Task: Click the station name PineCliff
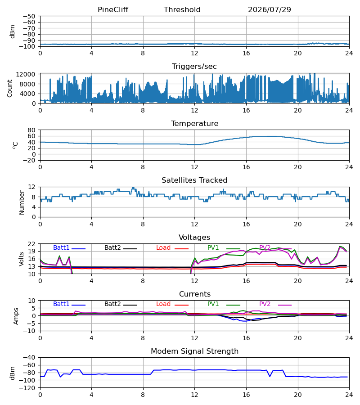[113, 9]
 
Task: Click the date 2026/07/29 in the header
[270, 9]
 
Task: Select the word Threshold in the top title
[182, 9]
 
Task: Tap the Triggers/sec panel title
[194, 67]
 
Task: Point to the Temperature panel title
[194, 123]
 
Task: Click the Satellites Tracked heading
[194, 180]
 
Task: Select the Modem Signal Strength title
[194, 351]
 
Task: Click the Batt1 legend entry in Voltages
[69, 247]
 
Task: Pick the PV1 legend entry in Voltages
[224, 247]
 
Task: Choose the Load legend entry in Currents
[172, 304]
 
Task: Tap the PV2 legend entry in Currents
[275, 304]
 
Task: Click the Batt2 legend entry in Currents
[121, 304]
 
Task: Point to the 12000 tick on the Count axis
[26, 74]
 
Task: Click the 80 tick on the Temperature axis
[31, 130]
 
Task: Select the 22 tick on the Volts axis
[31, 244]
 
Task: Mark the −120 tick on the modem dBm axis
[27, 388]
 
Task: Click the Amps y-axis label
[16, 316]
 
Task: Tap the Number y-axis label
[22, 202]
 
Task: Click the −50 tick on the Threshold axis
[29, 16]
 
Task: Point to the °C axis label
[15, 145]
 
